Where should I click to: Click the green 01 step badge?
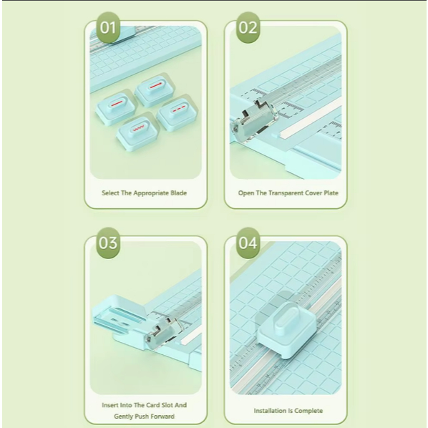tap(108, 28)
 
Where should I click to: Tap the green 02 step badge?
tap(248, 28)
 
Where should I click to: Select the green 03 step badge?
tap(108, 243)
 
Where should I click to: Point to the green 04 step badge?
tap(248, 243)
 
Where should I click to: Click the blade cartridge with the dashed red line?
tap(177, 114)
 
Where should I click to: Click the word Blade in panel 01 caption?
tap(178, 193)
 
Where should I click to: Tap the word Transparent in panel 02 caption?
tap(286, 193)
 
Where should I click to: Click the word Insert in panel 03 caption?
tap(110, 405)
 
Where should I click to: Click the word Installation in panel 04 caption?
tap(271, 411)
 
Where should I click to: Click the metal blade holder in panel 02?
tap(254, 120)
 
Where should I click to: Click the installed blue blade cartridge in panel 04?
tap(286, 329)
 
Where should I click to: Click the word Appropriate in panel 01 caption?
tap(151, 193)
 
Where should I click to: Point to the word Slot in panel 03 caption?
tap(167, 405)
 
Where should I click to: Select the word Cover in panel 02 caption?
tap(313, 193)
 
